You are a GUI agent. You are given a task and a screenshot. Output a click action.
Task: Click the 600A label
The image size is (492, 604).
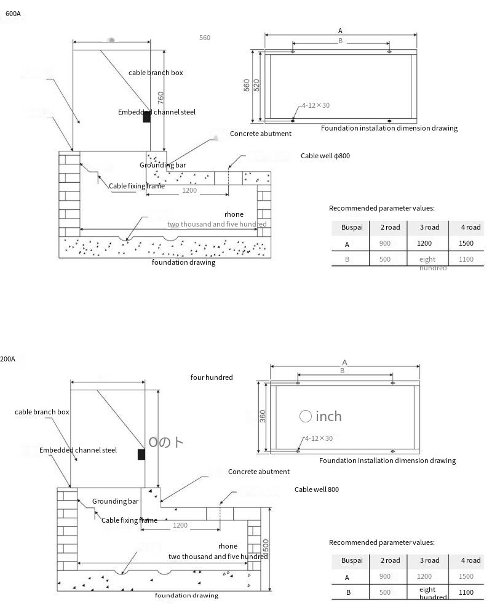[13, 14]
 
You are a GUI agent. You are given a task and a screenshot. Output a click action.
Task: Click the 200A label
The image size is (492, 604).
[8, 359]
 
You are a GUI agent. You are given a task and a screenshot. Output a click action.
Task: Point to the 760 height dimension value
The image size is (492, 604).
[161, 98]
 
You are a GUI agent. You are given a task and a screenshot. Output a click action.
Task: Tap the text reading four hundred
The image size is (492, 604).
[212, 377]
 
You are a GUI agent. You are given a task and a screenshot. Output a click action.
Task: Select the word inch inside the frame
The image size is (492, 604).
[328, 416]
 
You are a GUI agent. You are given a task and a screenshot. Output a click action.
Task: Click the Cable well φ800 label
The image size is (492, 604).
[325, 156]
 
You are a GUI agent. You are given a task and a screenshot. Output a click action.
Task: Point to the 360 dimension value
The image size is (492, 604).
[263, 416]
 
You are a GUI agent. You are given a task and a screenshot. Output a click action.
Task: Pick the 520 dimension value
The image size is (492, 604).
[257, 86]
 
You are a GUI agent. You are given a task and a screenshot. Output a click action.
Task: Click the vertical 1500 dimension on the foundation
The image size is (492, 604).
[266, 546]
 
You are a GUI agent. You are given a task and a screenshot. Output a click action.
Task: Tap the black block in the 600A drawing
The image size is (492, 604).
[146, 117]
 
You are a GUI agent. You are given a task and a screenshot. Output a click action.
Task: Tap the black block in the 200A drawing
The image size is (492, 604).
[141, 454]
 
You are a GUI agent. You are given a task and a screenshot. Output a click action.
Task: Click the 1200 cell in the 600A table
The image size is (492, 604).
[424, 244]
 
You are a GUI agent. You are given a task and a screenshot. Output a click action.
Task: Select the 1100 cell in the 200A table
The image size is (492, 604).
[466, 592]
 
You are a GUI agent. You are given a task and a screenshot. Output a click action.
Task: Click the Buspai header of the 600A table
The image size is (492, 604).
[352, 227]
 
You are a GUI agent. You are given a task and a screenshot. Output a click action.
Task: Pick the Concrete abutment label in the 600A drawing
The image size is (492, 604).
[261, 134]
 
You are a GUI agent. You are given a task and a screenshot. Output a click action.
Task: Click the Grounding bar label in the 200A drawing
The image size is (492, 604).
[116, 501]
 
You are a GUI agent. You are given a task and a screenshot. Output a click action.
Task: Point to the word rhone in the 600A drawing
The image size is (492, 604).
[234, 214]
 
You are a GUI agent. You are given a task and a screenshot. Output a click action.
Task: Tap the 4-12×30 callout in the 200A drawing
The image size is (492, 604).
[319, 438]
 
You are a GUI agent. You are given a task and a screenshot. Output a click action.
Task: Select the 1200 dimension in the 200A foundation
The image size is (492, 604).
[180, 525]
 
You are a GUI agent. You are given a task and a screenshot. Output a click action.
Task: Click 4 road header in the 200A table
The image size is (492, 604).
[470, 560]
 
